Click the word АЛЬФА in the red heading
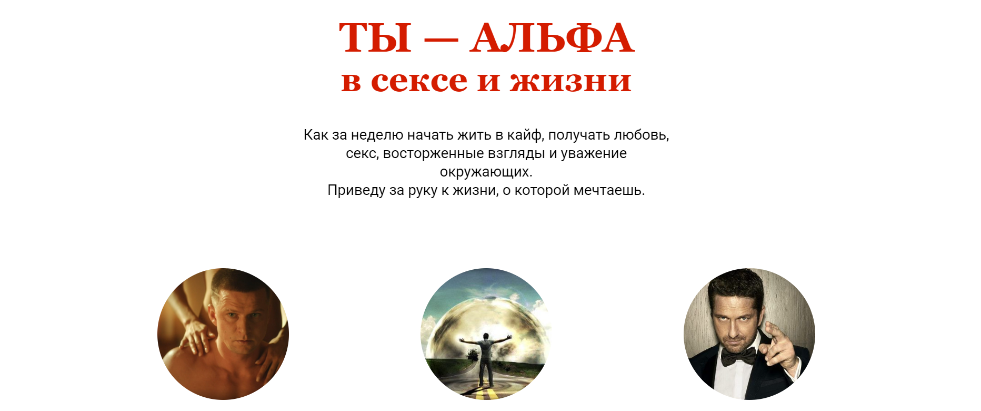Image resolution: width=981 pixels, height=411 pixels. (552, 38)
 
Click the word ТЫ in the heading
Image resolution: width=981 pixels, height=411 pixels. (375, 38)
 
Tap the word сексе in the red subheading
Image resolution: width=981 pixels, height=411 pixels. (419, 82)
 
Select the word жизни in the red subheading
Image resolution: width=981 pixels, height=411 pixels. (570, 82)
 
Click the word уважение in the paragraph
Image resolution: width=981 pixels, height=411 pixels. (594, 154)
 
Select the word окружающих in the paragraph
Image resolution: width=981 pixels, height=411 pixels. (486, 172)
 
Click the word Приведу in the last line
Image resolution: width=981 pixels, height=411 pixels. (356, 190)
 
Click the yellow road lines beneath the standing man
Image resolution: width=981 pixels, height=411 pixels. (486, 392)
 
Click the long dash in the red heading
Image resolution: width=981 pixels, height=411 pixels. (441, 40)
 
